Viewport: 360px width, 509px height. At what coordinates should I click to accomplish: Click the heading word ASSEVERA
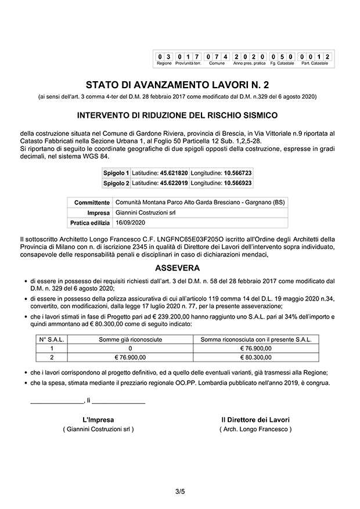pos(178,268)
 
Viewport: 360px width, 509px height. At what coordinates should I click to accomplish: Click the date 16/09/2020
pos(129,222)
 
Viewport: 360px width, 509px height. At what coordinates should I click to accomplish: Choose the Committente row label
pos(92,203)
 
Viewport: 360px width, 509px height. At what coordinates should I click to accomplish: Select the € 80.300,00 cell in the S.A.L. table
pos(255,357)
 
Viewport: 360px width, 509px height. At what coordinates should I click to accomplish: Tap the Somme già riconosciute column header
pos(131,339)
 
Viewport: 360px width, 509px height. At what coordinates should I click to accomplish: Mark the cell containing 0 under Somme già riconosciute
pos(131,348)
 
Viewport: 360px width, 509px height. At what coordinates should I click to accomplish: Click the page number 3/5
pos(180,492)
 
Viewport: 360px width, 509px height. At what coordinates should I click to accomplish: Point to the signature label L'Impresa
pos(98,419)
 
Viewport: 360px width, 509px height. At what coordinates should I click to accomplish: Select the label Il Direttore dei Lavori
pos(255,419)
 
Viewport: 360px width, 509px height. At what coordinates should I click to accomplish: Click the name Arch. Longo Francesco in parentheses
pos(255,429)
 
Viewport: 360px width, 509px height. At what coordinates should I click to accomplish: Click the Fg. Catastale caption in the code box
pos(282,63)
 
